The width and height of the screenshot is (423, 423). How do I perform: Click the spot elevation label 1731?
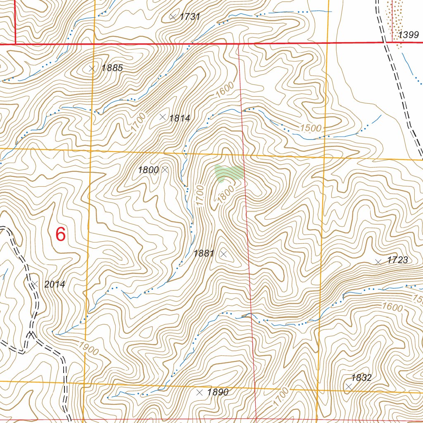[x=190, y=17]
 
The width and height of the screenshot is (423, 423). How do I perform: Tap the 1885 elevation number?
[x=112, y=68]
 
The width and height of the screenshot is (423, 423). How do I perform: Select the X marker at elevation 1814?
[x=163, y=117]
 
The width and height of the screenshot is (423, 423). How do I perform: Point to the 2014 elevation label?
[x=55, y=285]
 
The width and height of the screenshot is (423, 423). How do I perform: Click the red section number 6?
[x=60, y=235]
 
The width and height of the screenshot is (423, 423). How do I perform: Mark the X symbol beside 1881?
[x=223, y=254]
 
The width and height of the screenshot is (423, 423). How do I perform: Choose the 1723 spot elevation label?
[x=397, y=260]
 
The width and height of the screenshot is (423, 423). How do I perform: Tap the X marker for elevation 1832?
[x=349, y=386]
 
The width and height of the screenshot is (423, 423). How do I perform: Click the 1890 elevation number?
[x=218, y=392]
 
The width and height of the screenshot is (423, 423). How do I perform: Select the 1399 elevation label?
[x=409, y=35]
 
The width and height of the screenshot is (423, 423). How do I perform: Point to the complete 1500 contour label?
[x=311, y=128]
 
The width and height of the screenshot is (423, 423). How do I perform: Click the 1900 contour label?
[x=88, y=349]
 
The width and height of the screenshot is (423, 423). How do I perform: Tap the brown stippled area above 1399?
[x=397, y=19]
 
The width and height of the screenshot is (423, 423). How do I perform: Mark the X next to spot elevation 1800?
[x=165, y=169]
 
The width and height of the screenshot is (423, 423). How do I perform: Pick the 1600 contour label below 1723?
[x=392, y=307]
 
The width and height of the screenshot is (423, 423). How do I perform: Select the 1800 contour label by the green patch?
[x=226, y=193]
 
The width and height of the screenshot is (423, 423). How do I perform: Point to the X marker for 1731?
[x=173, y=17]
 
